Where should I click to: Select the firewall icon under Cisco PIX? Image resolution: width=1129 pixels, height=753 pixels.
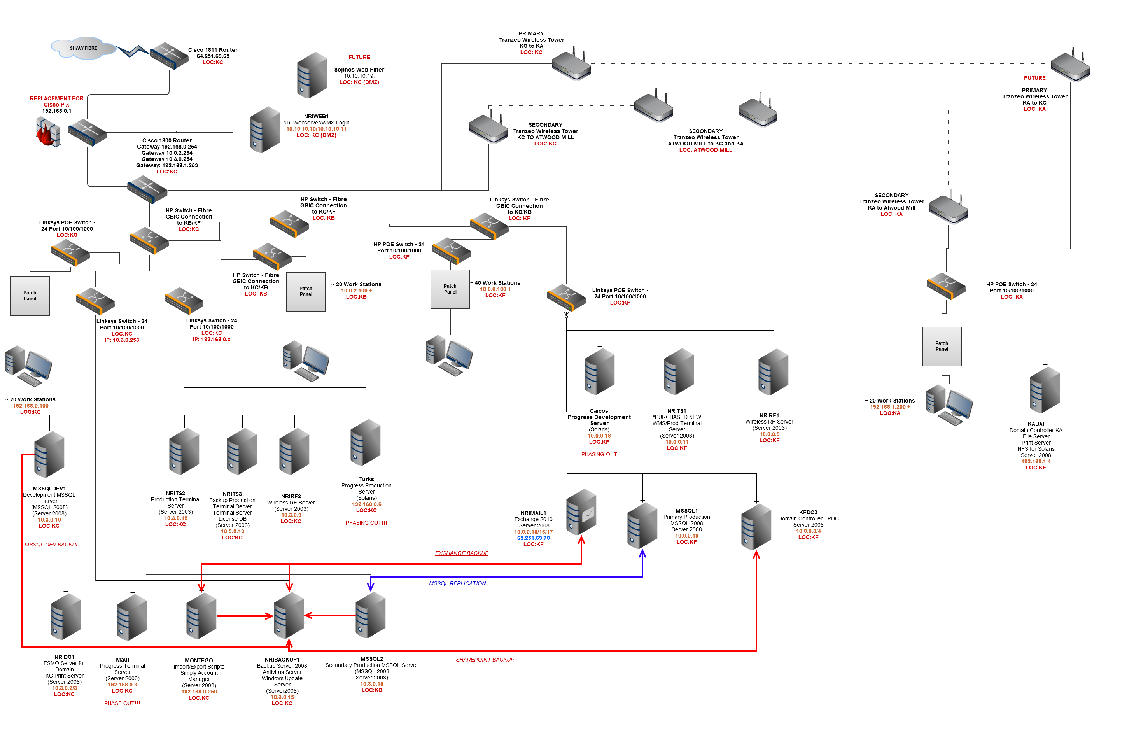click(48, 131)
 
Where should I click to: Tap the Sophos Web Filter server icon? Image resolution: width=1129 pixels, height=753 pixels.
click(312, 75)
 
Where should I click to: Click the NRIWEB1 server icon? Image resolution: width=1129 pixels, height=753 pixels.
click(265, 130)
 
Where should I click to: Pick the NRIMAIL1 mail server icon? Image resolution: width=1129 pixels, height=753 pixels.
click(581, 512)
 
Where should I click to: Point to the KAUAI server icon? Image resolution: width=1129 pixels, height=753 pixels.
click(1045, 390)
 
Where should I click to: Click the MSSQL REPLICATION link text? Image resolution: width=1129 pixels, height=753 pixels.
click(457, 583)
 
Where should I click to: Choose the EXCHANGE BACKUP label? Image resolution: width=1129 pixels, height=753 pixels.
click(462, 553)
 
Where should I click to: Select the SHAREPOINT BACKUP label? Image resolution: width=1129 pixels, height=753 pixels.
click(485, 660)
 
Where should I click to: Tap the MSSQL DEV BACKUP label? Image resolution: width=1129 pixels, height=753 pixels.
click(52, 545)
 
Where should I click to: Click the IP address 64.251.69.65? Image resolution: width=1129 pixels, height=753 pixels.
click(213, 56)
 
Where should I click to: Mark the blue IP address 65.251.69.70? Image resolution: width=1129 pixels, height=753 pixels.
click(533, 538)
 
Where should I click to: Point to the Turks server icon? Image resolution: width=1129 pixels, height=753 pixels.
click(366, 442)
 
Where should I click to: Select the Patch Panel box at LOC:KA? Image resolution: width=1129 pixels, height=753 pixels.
click(941, 346)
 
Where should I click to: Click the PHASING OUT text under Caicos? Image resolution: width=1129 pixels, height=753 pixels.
click(599, 454)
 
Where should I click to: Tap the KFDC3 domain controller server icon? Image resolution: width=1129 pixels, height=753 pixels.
click(756, 526)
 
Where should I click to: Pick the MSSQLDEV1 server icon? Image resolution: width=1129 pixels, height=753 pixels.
click(49, 454)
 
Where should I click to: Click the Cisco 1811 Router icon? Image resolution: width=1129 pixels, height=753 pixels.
click(168, 56)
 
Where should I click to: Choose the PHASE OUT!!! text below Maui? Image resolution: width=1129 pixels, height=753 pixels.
click(122, 703)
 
